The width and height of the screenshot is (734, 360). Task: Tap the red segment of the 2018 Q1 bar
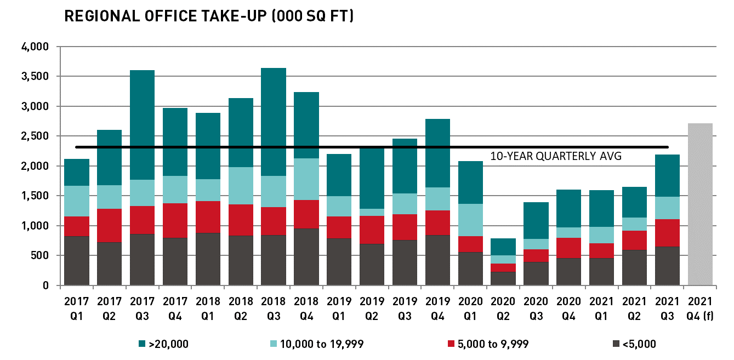[208, 217]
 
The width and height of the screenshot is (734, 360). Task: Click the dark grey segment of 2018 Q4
[306, 257]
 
